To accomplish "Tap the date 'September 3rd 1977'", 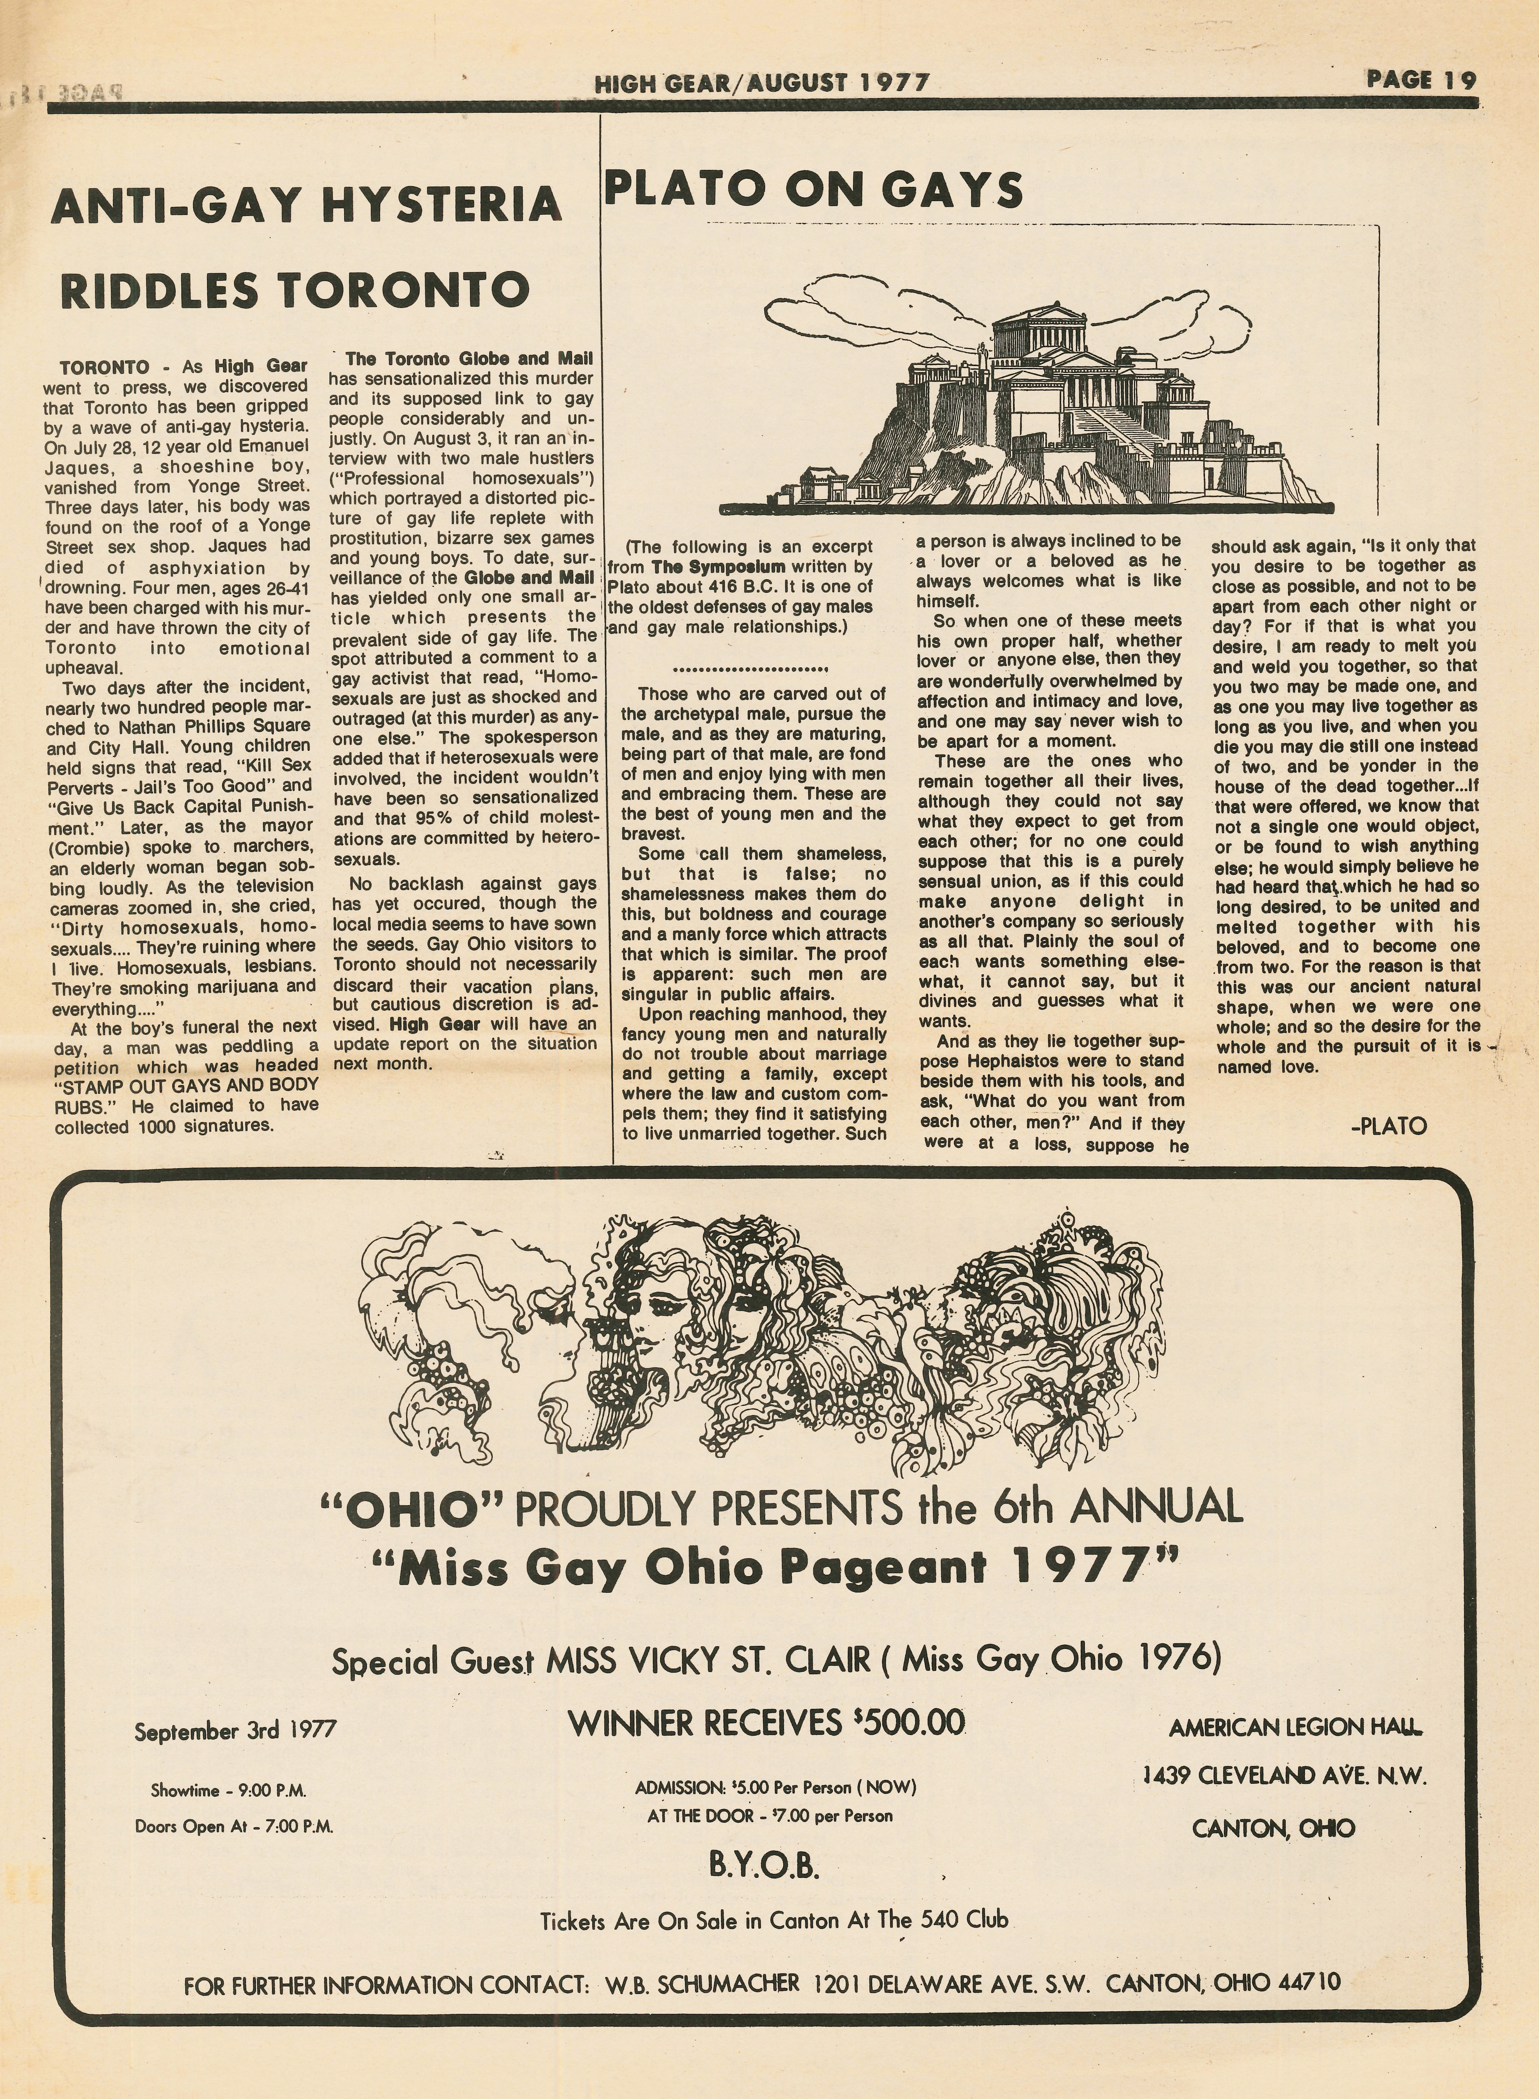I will (235, 1731).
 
